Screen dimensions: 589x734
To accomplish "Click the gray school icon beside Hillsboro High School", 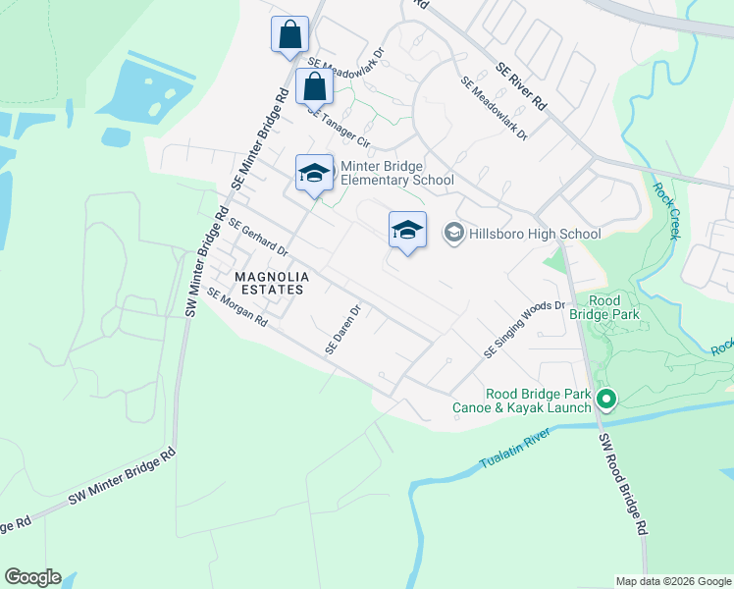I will pyautogui.click(x=453, y=233).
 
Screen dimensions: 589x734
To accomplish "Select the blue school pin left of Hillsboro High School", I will pyautogui.click(x=407, y=231).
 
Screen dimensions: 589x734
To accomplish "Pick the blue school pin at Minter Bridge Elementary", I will pyautogui.click(x=314, y=174).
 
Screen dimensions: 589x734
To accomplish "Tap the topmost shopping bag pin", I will pyautogui.click(x=289, y=35).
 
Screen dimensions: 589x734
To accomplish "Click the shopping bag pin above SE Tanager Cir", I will pyautogui.click(x=315, y=87).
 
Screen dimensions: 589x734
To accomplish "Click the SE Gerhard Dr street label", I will pyautogui.click(x=257, y=236).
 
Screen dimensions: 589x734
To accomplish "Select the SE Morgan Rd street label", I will pyautogui.click(x=236, y=307).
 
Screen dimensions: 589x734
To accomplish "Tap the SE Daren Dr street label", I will pyautogui.click(x=344, y=330).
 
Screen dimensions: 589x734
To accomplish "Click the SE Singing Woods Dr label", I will pyautogui.click(x=525, y=329).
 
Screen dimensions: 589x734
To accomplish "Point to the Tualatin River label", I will pyautogui.click(x=518, y=453).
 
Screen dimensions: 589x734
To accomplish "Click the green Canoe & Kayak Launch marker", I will pyautogui.click(x=606, y=399).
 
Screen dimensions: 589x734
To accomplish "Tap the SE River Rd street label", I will pyautogui.click(x=521, y=85).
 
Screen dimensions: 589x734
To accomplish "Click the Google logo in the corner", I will pyautogui.click(x=32, y=577).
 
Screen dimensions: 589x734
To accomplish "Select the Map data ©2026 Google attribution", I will pyautogui.click(x=673, y=581).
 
